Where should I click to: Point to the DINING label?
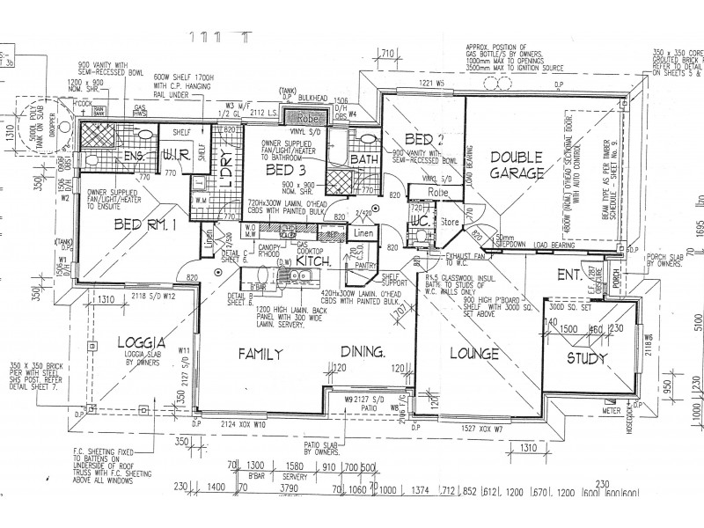363,353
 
